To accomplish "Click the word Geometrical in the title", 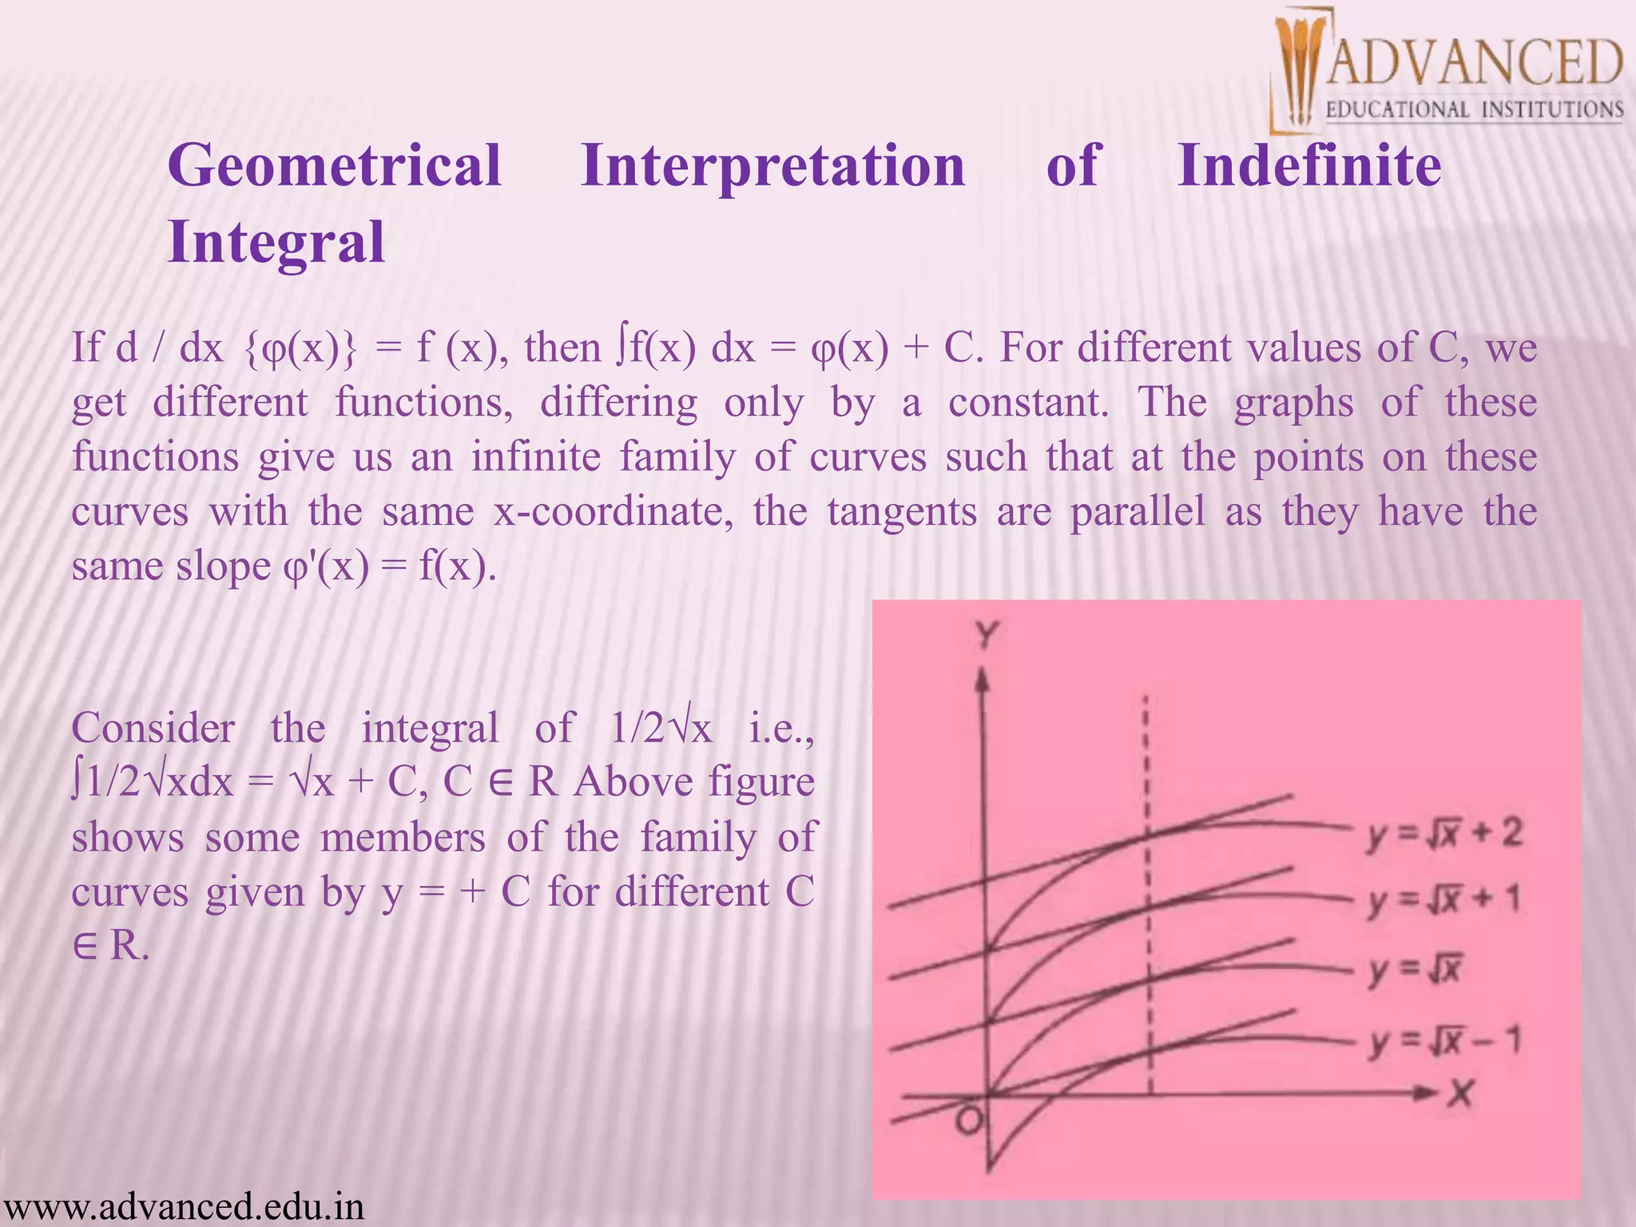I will pyautogui.click(x=335, y=166).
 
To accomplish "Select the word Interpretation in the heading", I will pyautogui.click(x=773, y=166).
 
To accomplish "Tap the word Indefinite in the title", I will pyautogui.click(x=1309, y=166).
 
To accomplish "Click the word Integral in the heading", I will pyautogui.click(x=276, y=243).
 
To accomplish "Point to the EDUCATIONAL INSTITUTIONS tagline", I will pyautogui.click(x=1475, y=109).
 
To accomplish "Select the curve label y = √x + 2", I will pyautogui.click(x=1444, y=835).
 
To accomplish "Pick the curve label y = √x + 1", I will pyautogui.click(x=1443, y=900).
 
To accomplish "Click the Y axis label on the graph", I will pyautogui.click(x=987, y=636).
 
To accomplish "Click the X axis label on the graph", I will pyautogui.click(x=1460, y=1093).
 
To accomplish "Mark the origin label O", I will pyautogui.click(x=969, y=1122).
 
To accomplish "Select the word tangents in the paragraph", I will pyautogui.click(x=902, y=511).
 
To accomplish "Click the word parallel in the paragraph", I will pyautogui.click(x=1138, y=511).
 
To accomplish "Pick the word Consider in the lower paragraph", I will pyautogui.click(x=153, y=728).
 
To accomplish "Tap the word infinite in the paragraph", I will pyautogui.click(x=535, y=457).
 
